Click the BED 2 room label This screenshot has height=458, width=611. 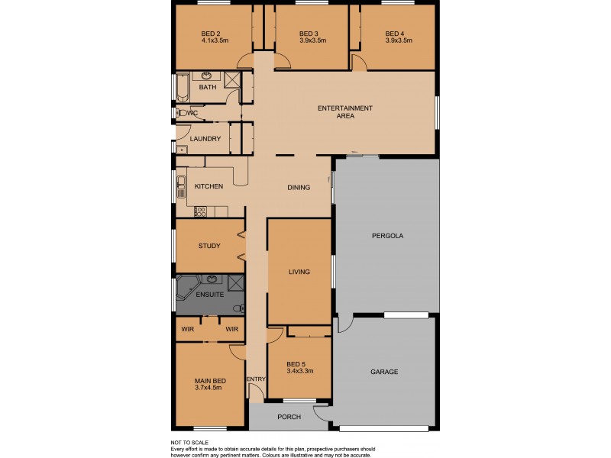210,34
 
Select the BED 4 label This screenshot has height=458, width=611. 394,34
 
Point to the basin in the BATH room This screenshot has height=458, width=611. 207,76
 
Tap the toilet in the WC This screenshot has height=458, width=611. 180,113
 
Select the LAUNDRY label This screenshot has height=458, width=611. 205,139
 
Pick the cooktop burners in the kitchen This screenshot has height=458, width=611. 201,211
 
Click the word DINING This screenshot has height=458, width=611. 299,188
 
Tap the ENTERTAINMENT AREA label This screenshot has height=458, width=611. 345,112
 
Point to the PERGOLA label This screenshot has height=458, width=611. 387,236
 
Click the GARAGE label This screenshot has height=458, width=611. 384,372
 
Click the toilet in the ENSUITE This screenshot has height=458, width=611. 240,308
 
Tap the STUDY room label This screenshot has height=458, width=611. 209,246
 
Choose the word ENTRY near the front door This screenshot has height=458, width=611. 255,379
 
